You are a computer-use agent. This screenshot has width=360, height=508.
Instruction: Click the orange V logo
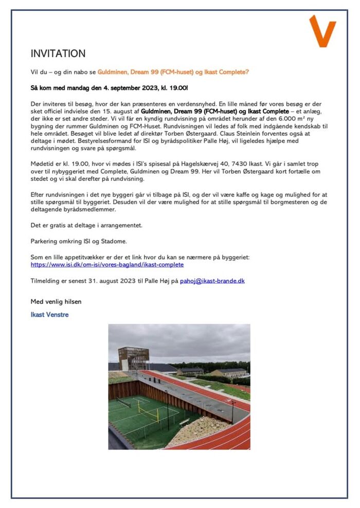pyautogui.click(x=322, y=31)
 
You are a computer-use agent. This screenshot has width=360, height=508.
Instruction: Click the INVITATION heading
pyautogui.click(x=58, y=54)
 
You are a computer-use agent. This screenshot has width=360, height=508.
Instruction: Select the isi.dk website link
pyautogui.click(x=107, y=265)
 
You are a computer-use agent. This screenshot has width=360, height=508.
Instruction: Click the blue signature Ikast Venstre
pyautogui.click(x=49, y=314)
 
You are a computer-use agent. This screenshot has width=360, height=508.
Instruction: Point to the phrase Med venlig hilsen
pyautogui.click(x=56, y=301)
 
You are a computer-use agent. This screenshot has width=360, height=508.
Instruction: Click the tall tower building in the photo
pyautogui.click(x=130, y=358)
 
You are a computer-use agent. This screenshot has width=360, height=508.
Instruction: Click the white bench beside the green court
pyautogui.click(x=184, y=422)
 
